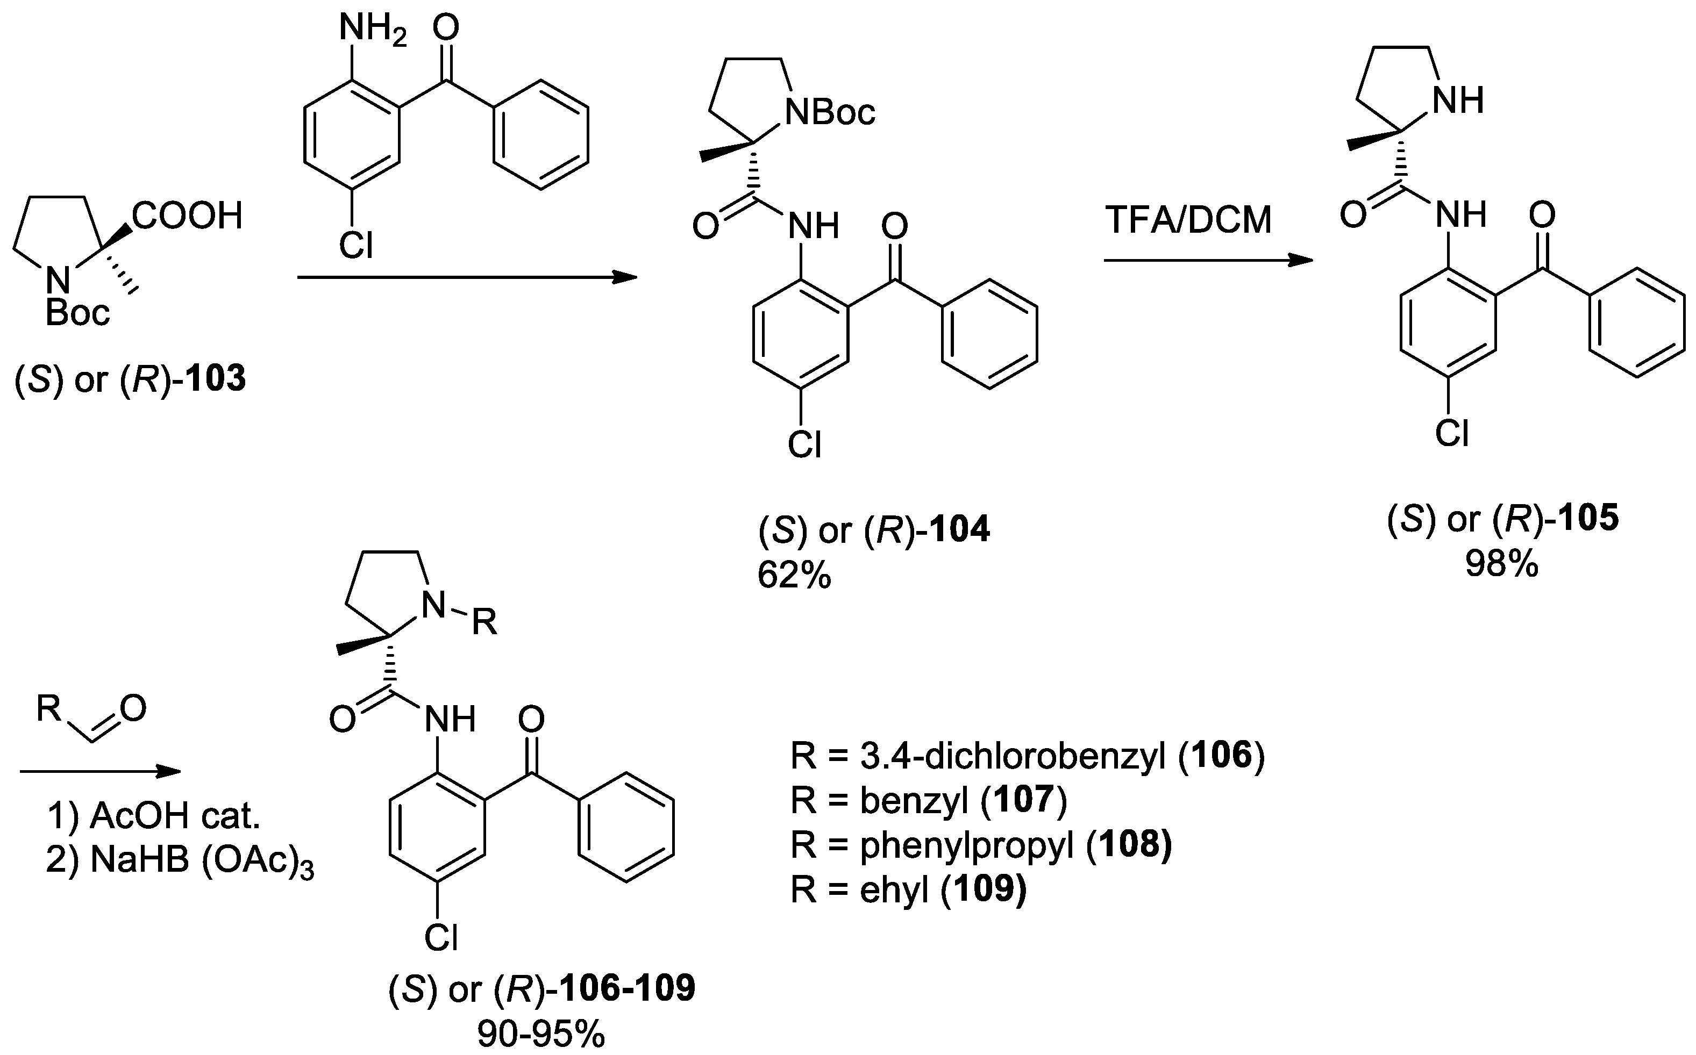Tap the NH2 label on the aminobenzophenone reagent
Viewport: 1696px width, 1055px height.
tap(372, 30)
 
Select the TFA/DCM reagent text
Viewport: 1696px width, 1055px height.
tap(1188, 220)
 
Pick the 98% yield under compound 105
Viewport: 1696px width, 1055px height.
tap(1501, 564)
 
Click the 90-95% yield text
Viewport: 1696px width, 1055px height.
tap(541, 1036)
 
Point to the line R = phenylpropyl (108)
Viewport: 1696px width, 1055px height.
tap(981, 844)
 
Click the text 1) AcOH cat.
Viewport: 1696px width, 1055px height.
tap(154, 816)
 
